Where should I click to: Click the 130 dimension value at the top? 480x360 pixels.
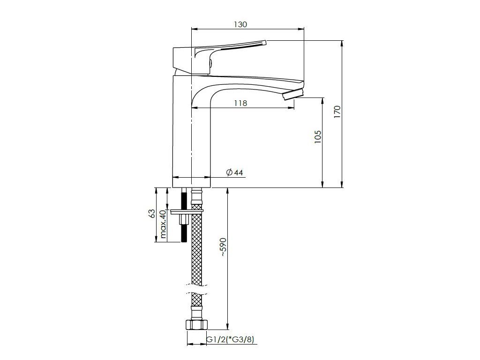[x=240, y=24]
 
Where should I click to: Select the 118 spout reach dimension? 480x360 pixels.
[x=240, y=103]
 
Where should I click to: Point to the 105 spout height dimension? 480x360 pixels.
[x=318, y=137]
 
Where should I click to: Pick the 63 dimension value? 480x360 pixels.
[x=151, y=213]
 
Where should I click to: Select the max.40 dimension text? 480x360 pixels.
[x=163, y=224]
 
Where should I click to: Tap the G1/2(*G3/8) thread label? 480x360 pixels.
[x=230, y=339]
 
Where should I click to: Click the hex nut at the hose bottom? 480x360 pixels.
[x=197, y=324]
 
